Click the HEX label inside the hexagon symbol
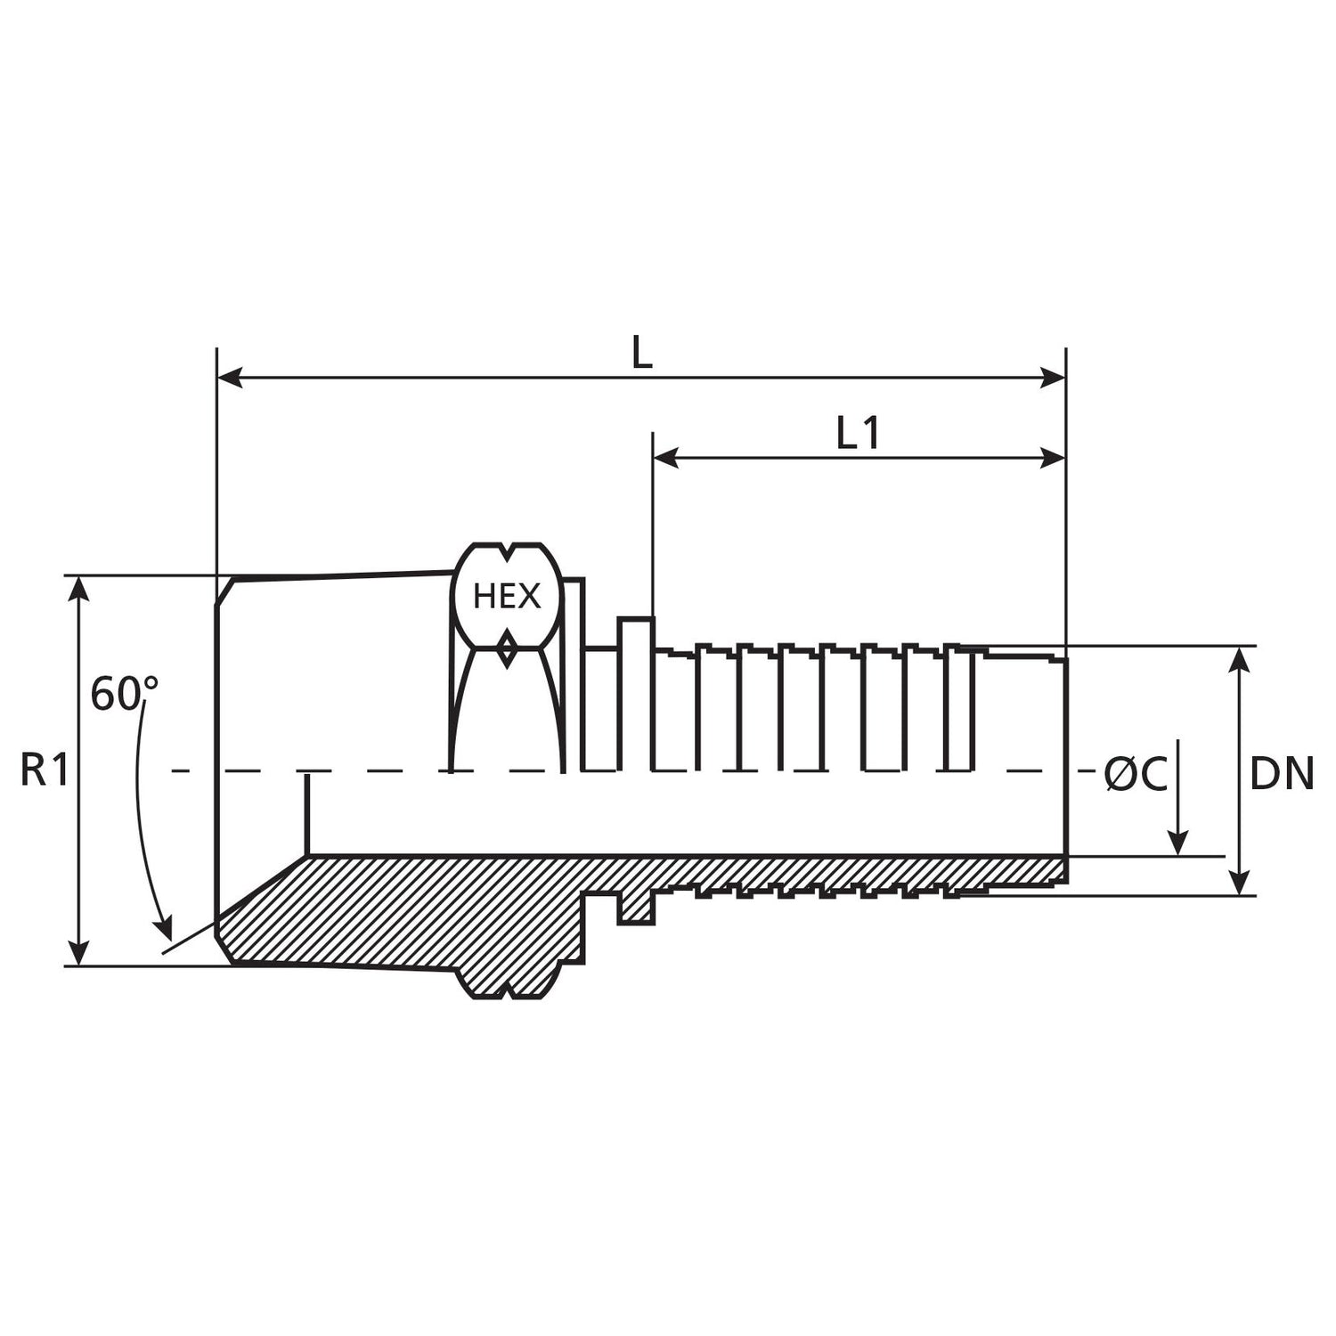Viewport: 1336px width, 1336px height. point(506,596)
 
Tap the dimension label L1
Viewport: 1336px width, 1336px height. point(859,433)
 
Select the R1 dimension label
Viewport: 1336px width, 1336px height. point(45,770)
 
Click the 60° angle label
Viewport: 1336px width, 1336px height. point(124,695)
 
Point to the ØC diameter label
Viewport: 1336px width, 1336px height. point(1136,774)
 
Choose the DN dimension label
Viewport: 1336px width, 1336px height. point(1282,774)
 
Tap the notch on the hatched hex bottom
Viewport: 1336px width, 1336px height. point(507,990)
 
